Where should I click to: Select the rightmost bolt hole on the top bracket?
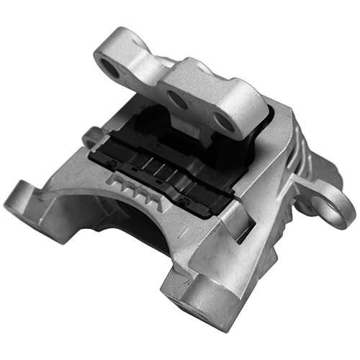(x=225, y=122)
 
